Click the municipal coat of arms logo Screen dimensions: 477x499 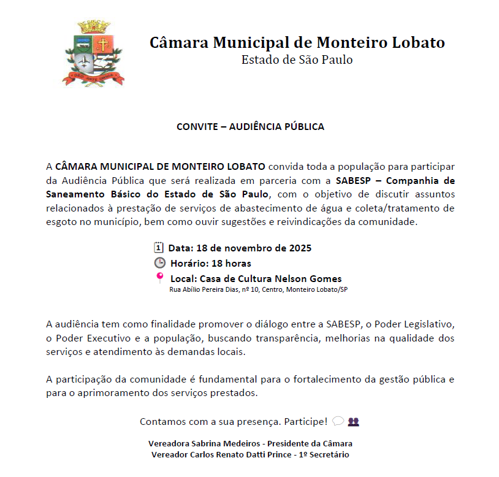93,53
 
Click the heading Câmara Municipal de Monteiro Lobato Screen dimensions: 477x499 297,43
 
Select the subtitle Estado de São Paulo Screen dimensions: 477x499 297,60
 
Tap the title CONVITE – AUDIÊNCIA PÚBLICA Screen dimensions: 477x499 250,127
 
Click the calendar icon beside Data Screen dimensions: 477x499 158,248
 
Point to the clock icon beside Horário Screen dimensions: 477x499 159,263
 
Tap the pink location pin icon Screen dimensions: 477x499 160,278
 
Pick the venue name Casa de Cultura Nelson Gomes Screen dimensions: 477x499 271,278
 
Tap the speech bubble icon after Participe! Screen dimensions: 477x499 338,421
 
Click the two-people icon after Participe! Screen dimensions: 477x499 353,421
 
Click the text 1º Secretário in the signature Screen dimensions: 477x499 322,454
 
